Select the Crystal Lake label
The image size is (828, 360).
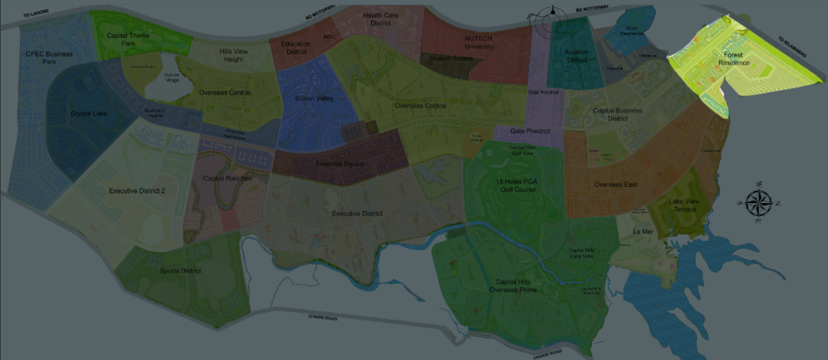pyautogui.click(x=88, y=113)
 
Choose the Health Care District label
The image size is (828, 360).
pyautogui.click(x=382, y=19)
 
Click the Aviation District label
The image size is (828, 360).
pyautogui.click(x=576, y=55)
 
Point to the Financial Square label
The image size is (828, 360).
pyautogui.click(x=344, y=164)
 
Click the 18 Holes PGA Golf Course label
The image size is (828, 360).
pyautogui.click(x=516, y=185)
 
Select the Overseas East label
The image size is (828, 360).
pyautogui.click(x=615, y=185)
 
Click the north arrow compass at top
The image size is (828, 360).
pyautogui.click(x=553, y=15)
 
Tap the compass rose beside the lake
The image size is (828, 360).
pyautogui.click(x=758, y=204)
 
